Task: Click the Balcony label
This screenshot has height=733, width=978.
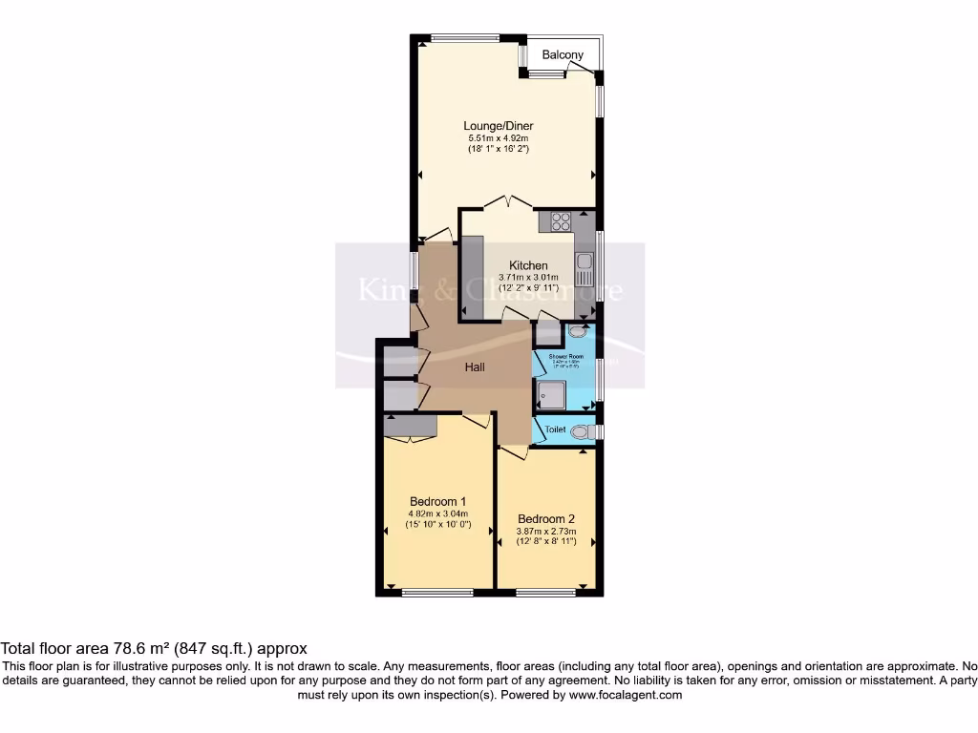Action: [x=563, y=55]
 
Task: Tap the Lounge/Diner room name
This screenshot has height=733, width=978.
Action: [x=498, y=126]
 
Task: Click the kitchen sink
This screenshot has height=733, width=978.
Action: [x=585, y=262]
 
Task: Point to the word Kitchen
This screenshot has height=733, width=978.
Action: [x=528, y=265]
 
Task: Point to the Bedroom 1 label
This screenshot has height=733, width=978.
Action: [x=437, y=502]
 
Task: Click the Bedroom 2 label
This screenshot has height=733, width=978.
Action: [x=546, y=519]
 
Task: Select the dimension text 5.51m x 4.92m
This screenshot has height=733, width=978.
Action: [x=498, y=138]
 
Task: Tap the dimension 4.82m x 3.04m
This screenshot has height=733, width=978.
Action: [x=437, y=514]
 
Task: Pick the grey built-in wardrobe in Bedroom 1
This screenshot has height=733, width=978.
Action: [x=410, y=425]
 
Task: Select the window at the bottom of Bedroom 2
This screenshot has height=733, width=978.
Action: [x=546, y=594]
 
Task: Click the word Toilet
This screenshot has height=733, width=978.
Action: [x=556, y=430]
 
